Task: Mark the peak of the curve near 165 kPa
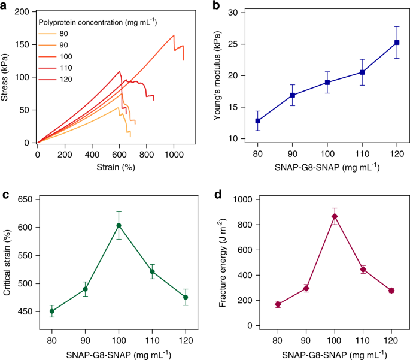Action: pos(174,35)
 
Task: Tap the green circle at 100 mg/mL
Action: pos(119,225)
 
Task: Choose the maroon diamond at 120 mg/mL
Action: pos(374,291)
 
